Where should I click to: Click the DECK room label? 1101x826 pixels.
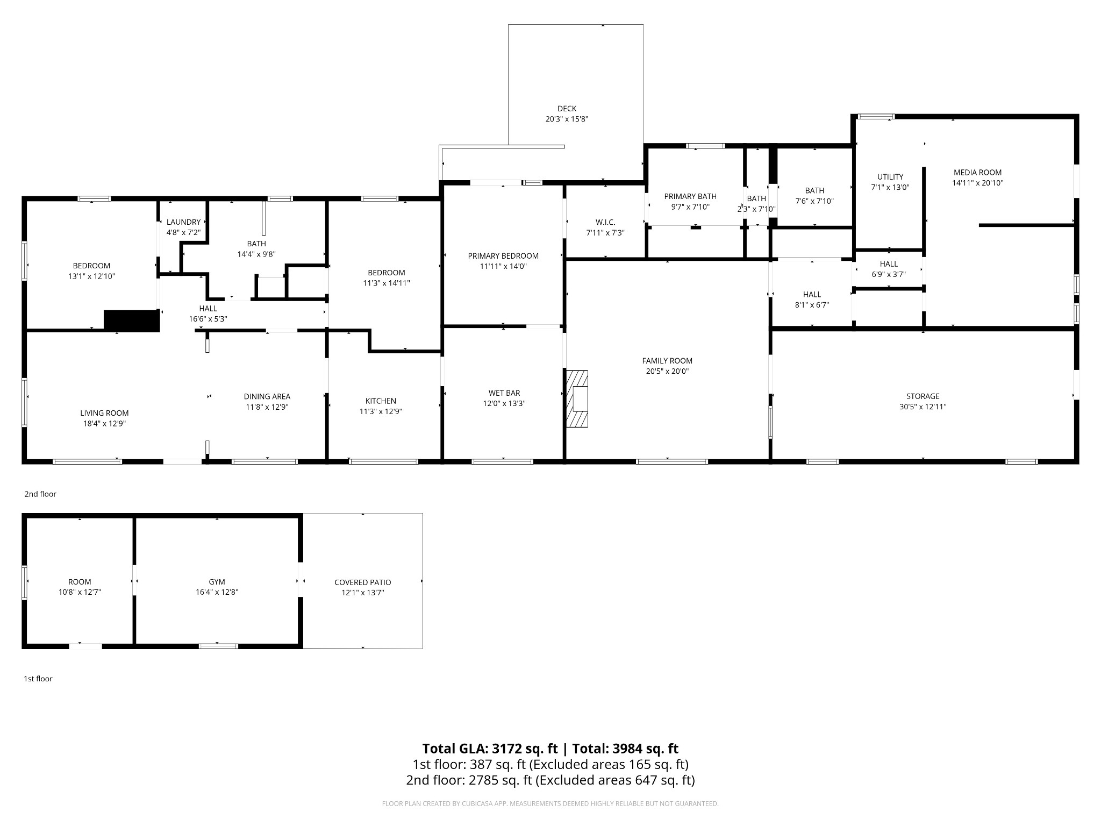pos(567,109)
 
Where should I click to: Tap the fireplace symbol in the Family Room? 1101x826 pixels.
pos(577,398)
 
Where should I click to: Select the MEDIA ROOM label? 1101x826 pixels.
pos(977,173)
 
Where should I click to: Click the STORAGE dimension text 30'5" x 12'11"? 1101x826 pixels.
pos(923,407)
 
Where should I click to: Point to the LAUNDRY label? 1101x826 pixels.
pos(183,222)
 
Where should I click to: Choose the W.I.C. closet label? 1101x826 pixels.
pos(605,223)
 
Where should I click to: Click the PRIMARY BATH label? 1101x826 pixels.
pos(690,196)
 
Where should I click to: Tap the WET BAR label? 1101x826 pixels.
pos(504,393)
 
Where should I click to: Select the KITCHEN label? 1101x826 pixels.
pos(381,401)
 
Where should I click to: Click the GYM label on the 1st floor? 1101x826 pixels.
pos(217,582)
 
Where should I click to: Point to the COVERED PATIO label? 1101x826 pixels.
pos(363,582)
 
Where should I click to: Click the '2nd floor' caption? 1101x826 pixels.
pos(40,494)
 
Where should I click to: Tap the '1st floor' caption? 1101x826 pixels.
pos(38,679)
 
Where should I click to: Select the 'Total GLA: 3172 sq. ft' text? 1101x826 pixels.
pos(490,749)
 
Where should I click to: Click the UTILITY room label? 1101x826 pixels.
pos(890,177)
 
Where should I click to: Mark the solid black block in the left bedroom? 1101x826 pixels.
pos(132,321)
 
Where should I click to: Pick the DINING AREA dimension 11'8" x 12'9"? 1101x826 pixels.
pos(267,407)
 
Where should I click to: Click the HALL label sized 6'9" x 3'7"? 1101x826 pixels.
pos(889,264)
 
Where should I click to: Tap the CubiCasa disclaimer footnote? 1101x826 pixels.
pos(550,804)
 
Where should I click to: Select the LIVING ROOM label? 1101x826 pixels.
pos(104,414)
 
